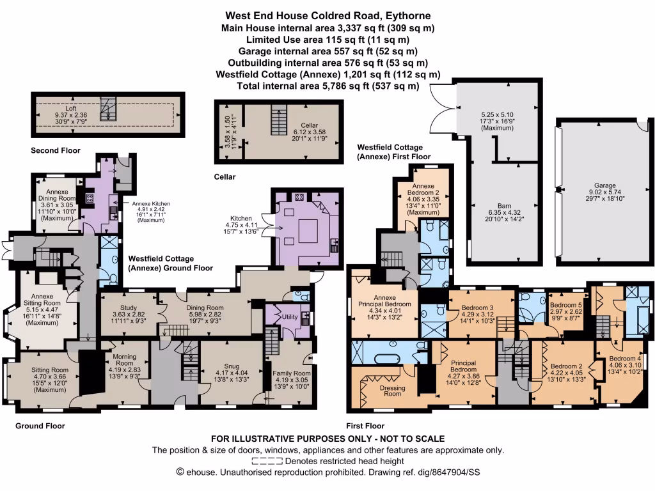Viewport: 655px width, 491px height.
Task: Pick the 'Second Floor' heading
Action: coord(56,151)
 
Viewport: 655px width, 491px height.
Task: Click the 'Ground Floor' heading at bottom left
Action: coord(40,425)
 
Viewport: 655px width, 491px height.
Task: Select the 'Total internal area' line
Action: coord(328,86)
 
